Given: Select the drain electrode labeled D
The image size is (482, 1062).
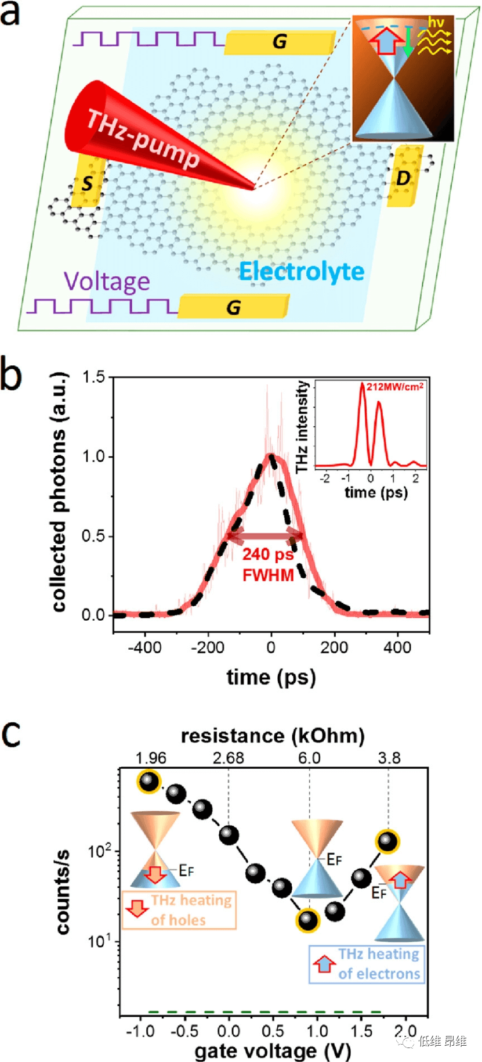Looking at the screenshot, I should pos(404,177).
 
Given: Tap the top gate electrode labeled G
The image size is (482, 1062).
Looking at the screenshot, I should pos(280,42).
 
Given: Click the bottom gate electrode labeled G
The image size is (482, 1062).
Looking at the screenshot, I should pos(233,307).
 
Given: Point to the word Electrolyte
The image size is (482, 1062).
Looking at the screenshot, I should pos(302,272).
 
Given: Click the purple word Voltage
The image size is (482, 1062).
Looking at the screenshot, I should pos(107,282).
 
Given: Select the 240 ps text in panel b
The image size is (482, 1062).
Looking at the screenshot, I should pos(267,554).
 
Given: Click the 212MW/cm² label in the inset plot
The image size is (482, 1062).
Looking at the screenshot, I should pos(395,387).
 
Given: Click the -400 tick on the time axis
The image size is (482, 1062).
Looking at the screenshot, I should pos(144,647).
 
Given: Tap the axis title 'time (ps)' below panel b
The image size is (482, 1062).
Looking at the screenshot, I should pos(271,677).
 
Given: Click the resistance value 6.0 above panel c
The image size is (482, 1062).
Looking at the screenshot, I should pos(309,758).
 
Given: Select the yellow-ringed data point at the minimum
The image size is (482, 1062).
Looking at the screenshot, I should pos(308,920).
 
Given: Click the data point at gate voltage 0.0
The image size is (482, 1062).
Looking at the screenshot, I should pos(229,836).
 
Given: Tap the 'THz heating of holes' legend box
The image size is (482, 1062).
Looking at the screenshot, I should pos(179,910).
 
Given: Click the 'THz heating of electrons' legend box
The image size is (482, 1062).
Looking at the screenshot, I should pos(367,964).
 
